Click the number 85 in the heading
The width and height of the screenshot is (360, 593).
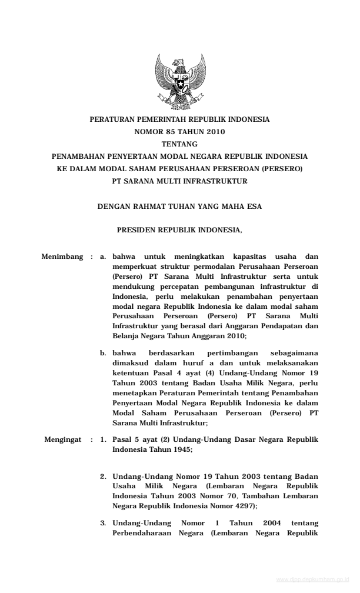(x=171, y=132)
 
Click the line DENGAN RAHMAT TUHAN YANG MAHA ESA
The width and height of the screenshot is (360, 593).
(x=179, y=207)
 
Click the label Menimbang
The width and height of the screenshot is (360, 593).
(x=62, y=256)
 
